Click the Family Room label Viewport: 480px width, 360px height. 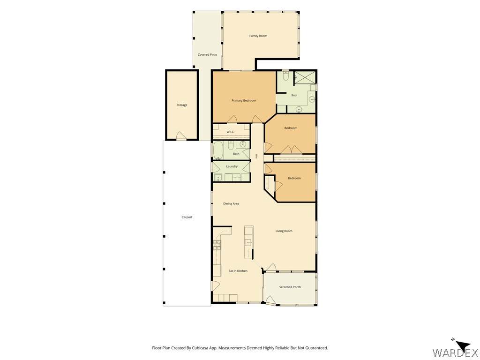(258, 36)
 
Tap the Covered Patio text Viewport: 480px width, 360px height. (207, 55)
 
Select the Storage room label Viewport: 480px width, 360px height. (182, 105)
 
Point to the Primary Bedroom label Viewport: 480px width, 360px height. (244, 100)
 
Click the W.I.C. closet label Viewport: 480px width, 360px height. (231, 132)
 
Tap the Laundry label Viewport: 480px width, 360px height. (232, 166)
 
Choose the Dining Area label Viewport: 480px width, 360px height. (231, 203)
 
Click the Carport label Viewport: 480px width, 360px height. (187, 217)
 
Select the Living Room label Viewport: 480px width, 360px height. (284, 231)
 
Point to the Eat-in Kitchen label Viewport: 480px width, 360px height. (238, 271)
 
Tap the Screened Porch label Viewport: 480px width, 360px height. (290, 287)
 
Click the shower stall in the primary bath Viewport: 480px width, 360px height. (304, 77)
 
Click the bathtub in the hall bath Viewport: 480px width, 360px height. (218, 150)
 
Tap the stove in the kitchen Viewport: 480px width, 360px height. (217, 245)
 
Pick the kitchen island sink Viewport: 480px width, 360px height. (248, 242)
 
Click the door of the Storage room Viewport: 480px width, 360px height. (181, 136)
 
